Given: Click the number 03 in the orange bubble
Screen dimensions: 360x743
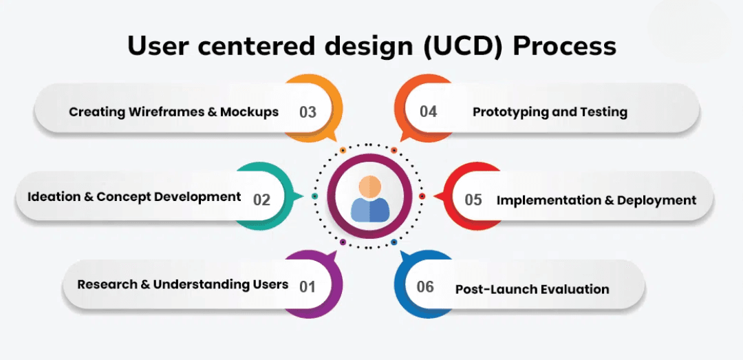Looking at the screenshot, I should [308, 112].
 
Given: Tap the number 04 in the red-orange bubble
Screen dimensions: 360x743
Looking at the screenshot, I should [428, 112].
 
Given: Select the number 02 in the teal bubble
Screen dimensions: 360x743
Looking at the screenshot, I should [261, 200].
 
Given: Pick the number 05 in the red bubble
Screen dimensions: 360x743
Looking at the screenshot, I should [473, 200].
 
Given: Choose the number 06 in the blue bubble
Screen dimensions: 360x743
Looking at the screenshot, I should [425, 286].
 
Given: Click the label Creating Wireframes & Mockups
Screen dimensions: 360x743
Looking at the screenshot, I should [173, 112].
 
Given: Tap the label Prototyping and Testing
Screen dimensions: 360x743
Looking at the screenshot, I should [550, 112].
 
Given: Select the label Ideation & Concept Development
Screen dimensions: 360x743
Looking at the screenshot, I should [134, 197].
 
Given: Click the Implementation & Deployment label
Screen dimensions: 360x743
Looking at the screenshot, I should [596, 200].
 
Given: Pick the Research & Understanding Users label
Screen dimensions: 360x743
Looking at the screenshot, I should [182, 284].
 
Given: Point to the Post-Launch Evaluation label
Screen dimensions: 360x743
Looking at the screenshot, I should [532, 289].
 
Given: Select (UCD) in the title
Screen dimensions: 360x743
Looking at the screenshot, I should [462, 46].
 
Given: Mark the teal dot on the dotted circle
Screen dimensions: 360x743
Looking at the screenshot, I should [315, 196].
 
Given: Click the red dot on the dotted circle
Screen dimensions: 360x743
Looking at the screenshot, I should [422, 196].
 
